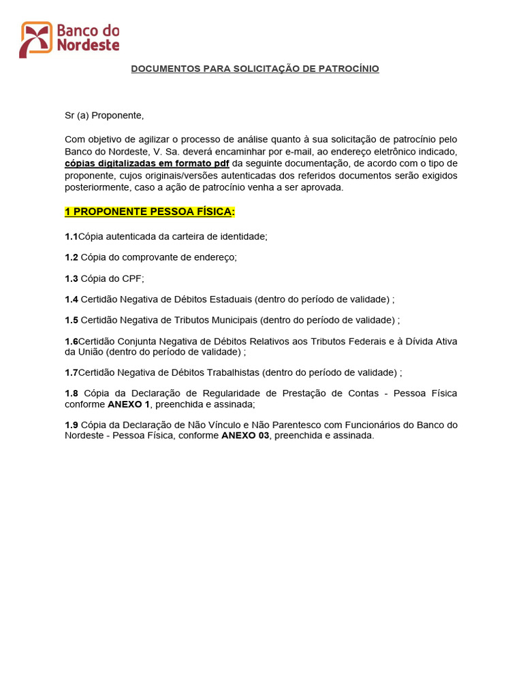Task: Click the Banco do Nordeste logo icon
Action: [35, 39]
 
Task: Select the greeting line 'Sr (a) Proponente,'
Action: [104, 116]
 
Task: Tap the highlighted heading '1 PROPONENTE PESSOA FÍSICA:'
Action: [150, 212]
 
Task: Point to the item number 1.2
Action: [72, 257]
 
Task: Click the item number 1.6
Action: [72, 341]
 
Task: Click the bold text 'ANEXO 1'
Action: [129, 404]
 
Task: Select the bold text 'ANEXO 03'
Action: [245, 436]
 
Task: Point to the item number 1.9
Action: [72, 425]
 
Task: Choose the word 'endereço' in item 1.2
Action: [215, 257]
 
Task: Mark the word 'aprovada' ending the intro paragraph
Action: [323, 188]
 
